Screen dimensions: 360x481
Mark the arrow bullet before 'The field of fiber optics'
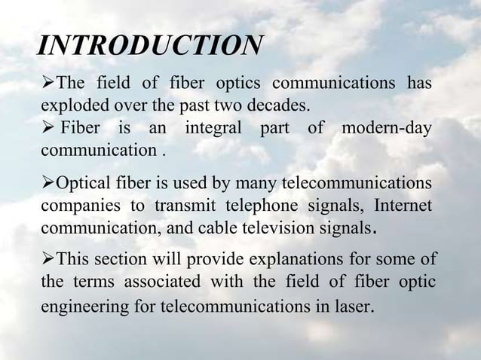click(48, 81)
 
